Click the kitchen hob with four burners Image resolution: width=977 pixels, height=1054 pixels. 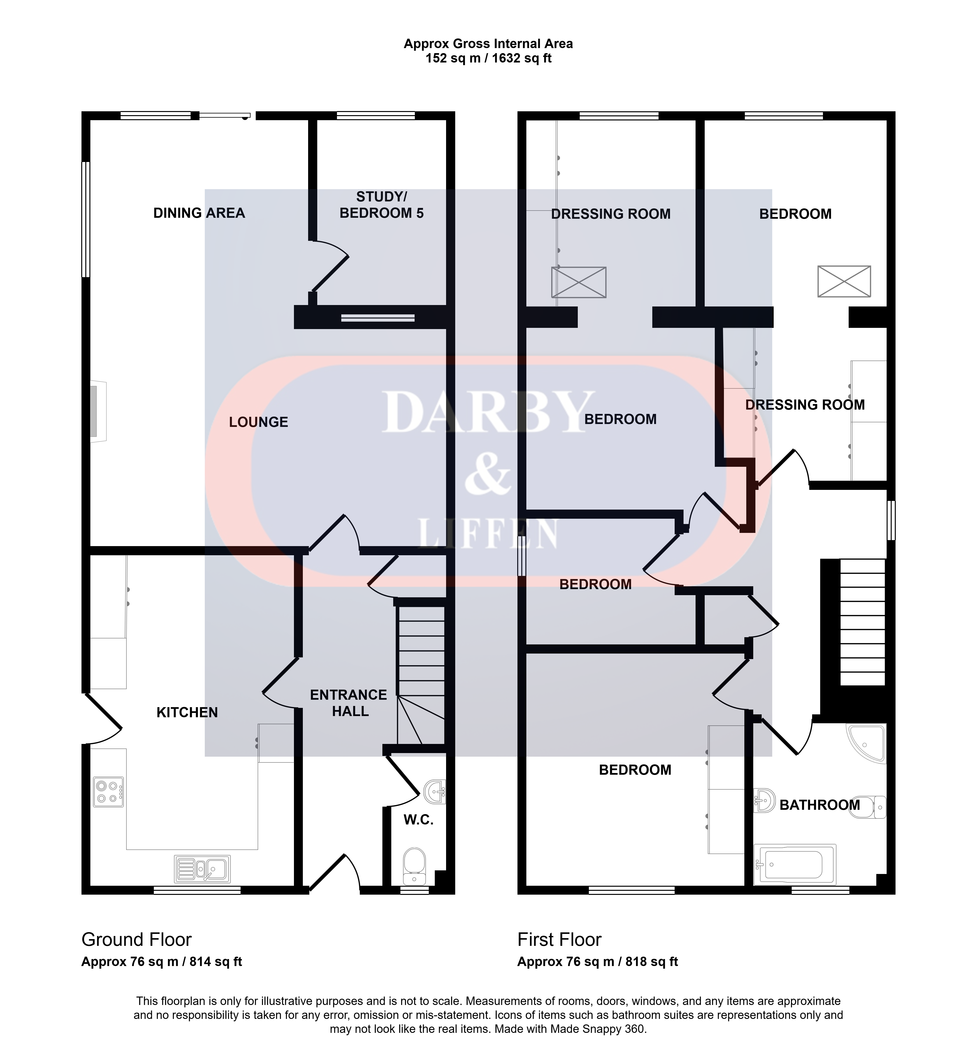pos(108,791)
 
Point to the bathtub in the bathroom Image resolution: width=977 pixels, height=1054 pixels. pos(795,865)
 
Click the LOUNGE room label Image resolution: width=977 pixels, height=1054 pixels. pos(259,422)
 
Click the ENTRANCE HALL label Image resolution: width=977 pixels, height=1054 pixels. pos(349,703)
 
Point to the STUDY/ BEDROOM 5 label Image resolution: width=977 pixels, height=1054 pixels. pos(382,205)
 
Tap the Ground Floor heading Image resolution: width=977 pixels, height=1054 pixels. pos(137,939)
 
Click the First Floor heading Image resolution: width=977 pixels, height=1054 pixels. pos(559,939)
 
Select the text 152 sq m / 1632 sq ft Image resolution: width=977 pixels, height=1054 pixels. pos(488,58)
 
